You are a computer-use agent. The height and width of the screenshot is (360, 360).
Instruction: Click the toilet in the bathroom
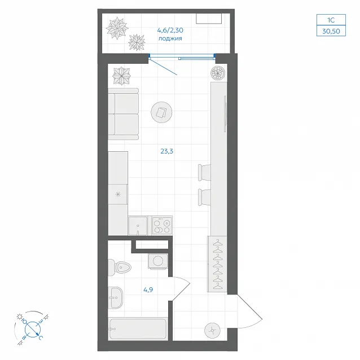[x=119, y=267]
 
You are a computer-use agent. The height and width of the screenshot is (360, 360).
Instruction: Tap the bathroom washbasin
[x=116, y=297]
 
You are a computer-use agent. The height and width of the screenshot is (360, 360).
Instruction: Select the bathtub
[x=138, y=329]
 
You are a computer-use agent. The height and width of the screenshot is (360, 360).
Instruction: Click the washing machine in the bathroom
[x=158, y=261]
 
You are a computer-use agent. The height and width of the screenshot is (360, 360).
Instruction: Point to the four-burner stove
[x=162, y=226]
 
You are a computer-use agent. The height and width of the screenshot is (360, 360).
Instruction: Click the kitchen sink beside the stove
[x=138, y=226]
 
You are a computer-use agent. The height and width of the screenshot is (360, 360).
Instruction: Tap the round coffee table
[x=161, y=112]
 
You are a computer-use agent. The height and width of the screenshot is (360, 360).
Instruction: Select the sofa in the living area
[x=124, y=114]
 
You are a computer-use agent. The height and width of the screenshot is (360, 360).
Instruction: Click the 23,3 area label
[x=166, y=151]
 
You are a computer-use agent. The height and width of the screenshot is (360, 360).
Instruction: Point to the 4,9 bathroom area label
[x=148, y=289]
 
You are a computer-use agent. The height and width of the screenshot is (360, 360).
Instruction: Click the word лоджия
[x=170, y=38]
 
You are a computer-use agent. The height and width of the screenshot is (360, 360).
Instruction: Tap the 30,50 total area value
[x=331, y=31]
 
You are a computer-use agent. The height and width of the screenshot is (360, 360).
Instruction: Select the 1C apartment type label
[x=331, y=20]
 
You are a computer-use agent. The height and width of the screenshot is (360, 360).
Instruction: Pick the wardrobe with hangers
[x=217, y=264]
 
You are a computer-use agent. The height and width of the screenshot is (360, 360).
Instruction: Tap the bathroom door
[x=181, y=288]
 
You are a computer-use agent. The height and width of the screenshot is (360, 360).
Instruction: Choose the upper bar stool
[x=204, y=172]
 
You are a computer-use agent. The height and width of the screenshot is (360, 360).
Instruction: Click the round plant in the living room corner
[x=218, y=73]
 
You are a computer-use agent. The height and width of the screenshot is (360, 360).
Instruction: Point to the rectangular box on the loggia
[x=209, y=19]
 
